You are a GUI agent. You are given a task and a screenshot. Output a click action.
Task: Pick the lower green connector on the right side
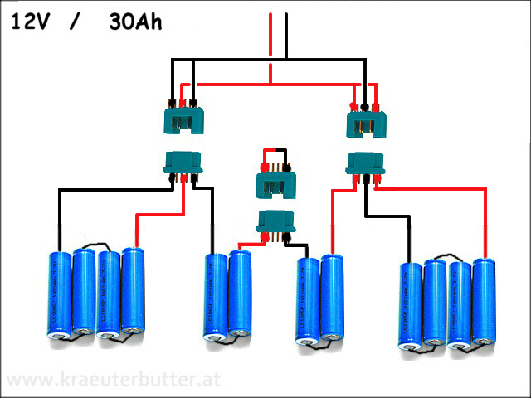[366, 163]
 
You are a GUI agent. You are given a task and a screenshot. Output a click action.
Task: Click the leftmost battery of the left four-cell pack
[60, 294]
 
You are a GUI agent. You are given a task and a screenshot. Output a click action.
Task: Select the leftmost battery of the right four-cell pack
[412, 305]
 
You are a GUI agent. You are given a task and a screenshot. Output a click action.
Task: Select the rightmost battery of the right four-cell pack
[485, 300]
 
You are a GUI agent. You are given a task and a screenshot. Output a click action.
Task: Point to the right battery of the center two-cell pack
[333, 298]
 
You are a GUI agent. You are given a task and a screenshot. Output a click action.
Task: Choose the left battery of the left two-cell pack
[216, 297]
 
